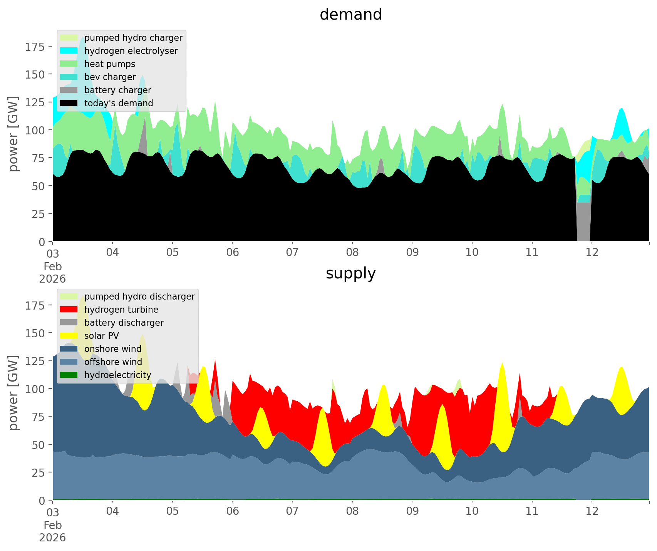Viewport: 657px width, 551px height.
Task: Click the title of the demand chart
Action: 350,15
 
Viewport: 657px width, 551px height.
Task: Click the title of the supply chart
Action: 350,273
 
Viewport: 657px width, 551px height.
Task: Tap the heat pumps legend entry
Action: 110,64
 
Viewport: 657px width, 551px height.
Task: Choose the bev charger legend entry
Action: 110,77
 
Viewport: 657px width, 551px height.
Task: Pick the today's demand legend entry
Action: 119,103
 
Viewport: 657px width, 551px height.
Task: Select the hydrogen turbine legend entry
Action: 121,310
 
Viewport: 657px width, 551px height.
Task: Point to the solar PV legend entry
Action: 102,336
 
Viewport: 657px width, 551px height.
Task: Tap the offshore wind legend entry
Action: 113,362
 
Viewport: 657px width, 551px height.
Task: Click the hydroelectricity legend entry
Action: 117,375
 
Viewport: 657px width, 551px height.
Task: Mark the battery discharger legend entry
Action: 124,323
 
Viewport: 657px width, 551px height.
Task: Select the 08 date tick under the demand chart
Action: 352,253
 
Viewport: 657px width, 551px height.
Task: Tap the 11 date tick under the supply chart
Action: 532,511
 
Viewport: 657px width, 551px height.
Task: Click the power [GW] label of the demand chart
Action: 14,134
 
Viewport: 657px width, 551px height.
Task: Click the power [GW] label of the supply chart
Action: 14,393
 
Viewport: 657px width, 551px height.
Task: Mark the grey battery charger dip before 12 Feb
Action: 583,223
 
